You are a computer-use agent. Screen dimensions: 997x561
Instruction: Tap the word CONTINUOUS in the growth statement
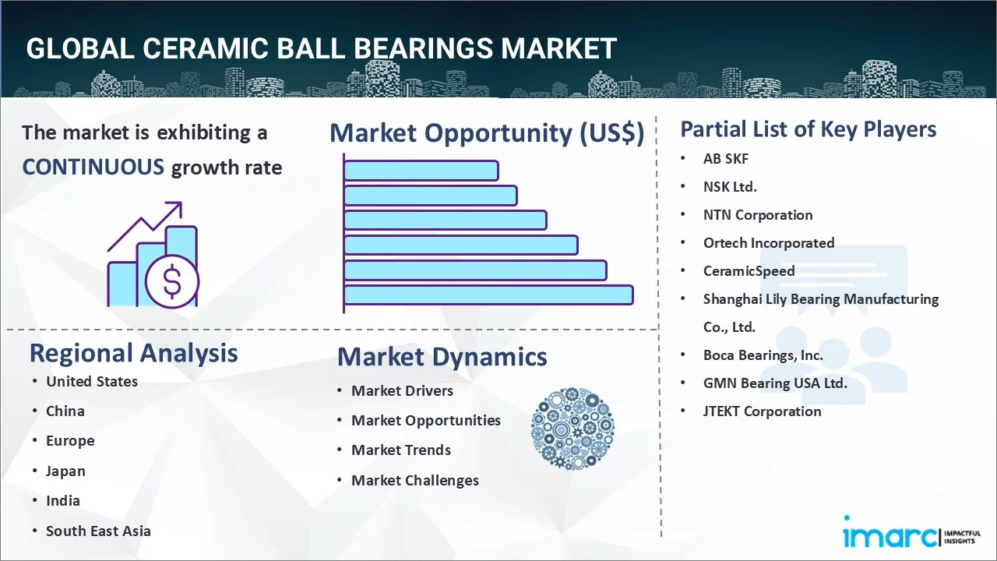click(93, 168)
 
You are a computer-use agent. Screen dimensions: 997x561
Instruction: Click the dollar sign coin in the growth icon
click(172, 281)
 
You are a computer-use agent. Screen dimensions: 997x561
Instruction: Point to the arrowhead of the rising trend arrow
click(176, 208)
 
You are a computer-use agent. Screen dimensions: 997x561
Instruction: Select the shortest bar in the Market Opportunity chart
click(421, 171)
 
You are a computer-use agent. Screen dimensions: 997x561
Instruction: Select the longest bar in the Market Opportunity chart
click(488, 295)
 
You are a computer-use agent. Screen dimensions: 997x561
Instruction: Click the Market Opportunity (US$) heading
click(487, 133)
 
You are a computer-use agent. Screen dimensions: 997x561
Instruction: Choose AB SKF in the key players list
click(726, 158)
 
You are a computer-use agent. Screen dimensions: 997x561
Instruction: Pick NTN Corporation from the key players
click(758, 215)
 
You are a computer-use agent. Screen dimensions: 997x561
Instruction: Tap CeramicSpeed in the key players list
click(749, 271)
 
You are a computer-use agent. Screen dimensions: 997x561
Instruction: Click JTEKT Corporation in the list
click(763, 411)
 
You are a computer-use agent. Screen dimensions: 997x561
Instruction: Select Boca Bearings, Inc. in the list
click(763, 355)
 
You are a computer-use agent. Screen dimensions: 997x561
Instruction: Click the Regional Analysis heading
click(133, 354)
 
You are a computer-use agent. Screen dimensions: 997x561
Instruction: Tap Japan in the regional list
click(65, 471)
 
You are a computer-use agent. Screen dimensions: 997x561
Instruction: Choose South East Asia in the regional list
click(98, 531)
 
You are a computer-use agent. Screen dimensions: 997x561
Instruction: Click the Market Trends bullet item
click(401, 450)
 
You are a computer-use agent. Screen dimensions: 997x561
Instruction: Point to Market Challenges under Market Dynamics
click(415, 481)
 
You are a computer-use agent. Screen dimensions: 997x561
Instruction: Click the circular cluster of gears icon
click(572, 429)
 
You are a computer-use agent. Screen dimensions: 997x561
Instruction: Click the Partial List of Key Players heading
click(809, 129)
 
